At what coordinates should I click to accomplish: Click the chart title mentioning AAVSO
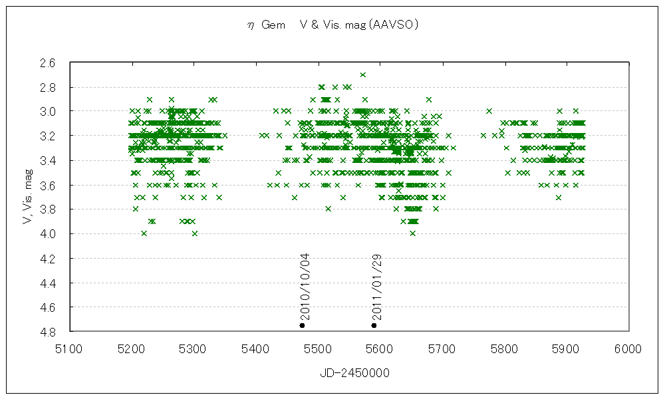[332, 25]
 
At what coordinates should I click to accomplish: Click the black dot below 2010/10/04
[303, 325]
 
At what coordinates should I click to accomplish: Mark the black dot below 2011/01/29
[374, 325]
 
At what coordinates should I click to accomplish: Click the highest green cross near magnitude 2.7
[362, 74]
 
